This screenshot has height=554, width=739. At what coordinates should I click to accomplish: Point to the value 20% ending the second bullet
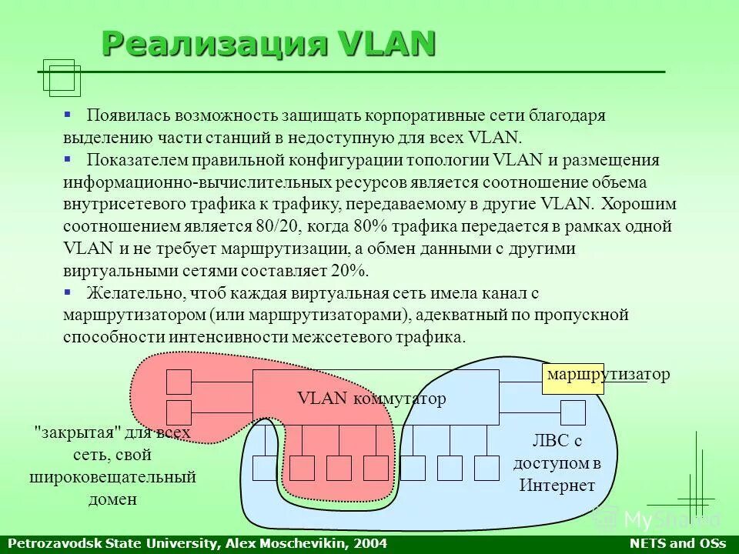350,271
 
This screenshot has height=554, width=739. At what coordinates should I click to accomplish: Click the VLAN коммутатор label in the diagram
371,399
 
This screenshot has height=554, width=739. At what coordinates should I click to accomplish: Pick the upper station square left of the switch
179,382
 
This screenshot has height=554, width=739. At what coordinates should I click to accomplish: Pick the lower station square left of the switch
179,412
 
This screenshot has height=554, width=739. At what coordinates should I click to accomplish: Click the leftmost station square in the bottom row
265,468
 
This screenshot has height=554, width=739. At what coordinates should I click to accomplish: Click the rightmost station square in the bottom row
487,468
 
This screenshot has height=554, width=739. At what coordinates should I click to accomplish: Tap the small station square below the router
573,413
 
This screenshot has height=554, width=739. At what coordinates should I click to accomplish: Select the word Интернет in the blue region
557,486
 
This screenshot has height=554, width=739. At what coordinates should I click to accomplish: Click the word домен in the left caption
112,499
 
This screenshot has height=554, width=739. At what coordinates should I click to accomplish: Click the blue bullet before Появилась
68,114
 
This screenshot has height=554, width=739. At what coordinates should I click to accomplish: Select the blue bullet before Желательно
68,292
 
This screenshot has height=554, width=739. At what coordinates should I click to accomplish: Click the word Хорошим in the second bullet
639,205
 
